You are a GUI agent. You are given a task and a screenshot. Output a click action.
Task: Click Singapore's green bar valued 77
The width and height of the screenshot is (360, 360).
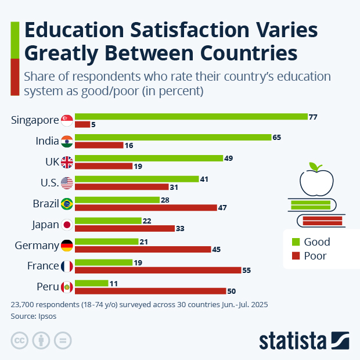(191, 117)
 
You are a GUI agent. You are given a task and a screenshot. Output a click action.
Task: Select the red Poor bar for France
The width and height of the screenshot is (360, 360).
(158, 270)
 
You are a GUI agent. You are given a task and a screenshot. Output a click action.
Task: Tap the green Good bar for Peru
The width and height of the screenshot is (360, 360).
(92, 283)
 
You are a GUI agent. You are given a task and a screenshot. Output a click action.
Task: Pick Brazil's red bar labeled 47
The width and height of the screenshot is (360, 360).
(146, 207)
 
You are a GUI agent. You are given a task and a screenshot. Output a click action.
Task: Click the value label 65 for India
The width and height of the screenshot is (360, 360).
(276, 138)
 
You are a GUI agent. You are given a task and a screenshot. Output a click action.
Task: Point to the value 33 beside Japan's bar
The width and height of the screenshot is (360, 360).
(180, 229)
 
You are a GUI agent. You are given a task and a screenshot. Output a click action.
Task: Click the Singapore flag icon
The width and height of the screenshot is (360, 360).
(67, 120)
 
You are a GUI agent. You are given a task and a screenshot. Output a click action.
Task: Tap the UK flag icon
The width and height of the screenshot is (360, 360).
(67, 162)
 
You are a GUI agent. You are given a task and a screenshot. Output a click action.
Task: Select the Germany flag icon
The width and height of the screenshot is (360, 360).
(67, 246)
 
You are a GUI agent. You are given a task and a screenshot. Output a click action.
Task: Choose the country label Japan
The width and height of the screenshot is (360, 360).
(44, 225)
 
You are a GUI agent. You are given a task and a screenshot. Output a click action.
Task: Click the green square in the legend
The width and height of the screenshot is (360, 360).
(294, 242)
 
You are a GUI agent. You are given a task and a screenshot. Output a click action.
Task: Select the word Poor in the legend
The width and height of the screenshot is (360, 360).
(315, 255)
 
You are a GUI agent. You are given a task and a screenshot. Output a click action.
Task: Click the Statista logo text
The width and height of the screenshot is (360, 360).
(294, 340)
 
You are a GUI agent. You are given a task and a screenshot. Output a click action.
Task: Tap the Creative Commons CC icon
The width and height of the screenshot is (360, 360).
(20, 340)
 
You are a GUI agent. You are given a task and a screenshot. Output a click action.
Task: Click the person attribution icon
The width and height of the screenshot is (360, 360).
(41, 340)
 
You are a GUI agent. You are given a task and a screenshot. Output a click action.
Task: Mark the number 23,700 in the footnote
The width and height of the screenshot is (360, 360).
(24, 304)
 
